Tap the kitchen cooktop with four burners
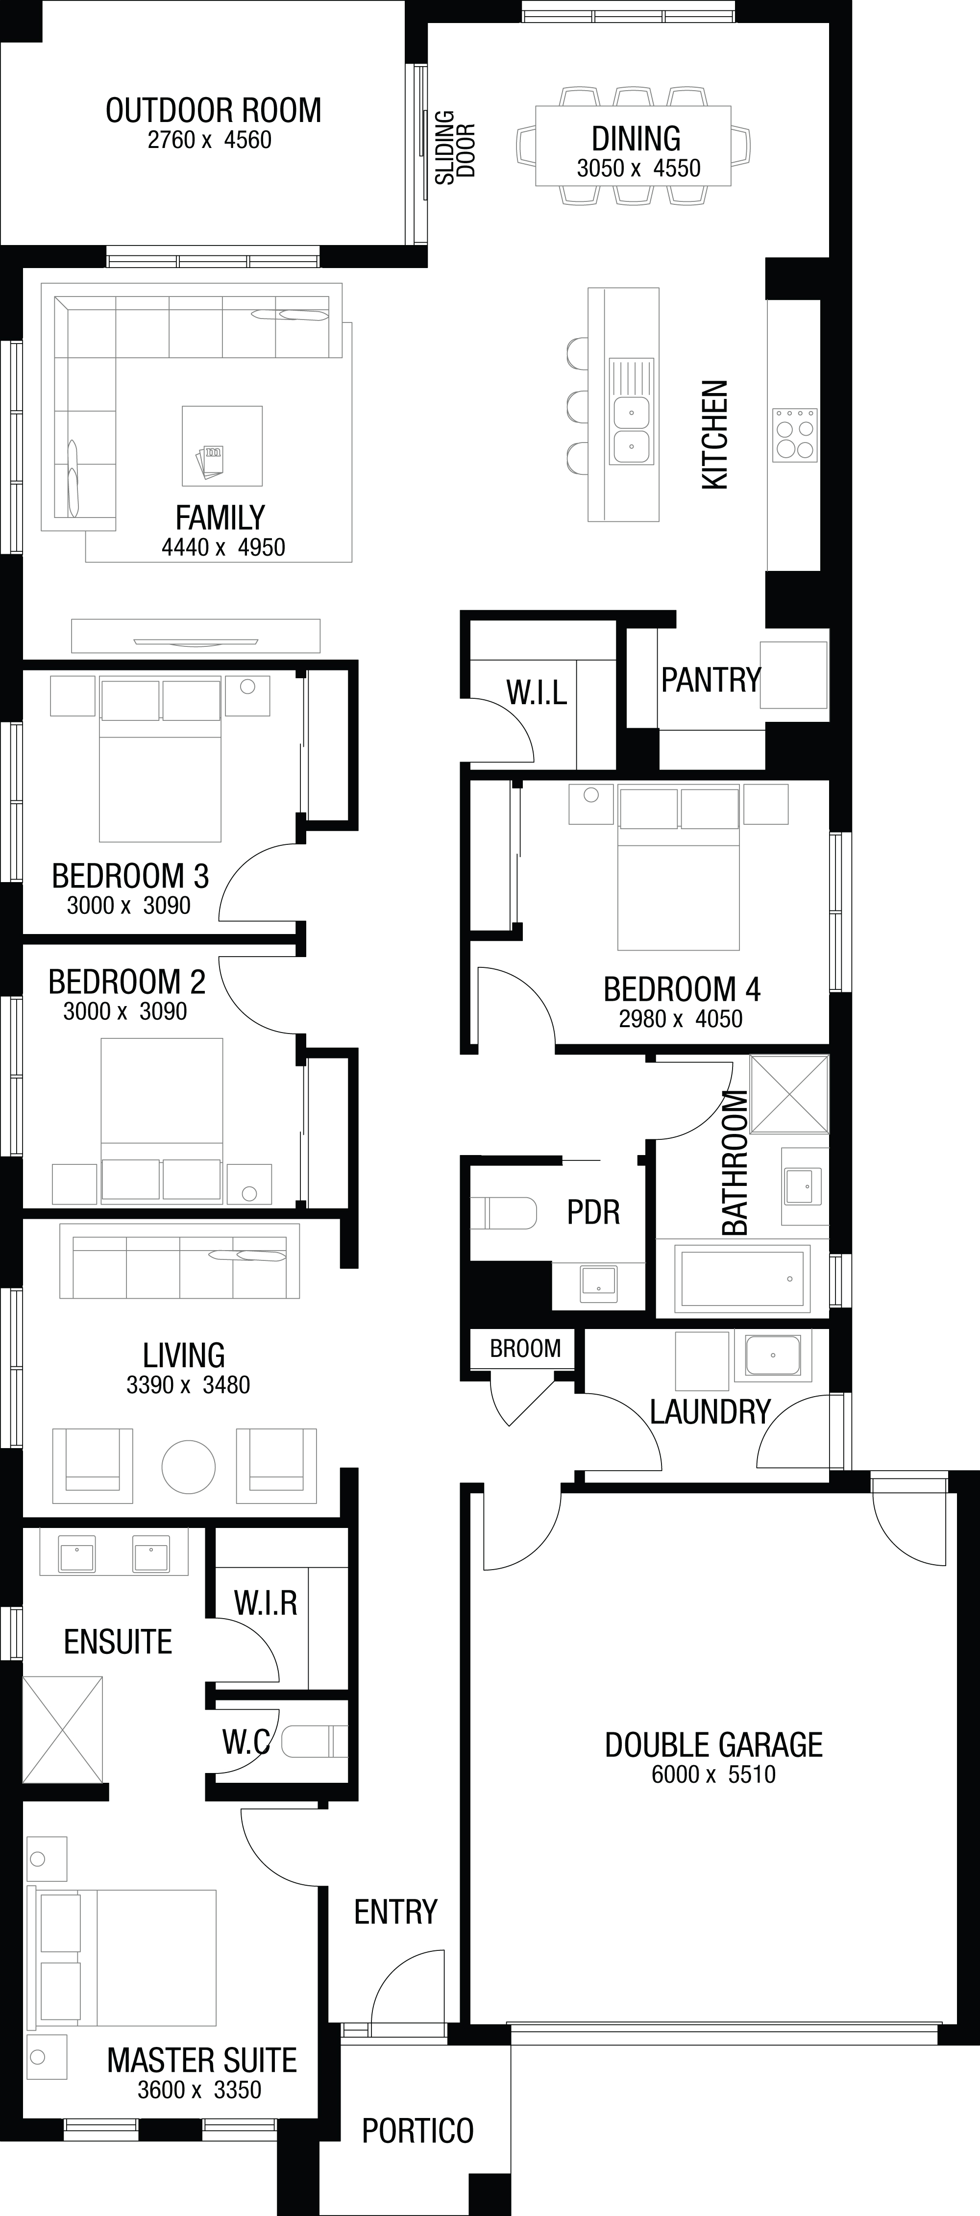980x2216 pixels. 795,435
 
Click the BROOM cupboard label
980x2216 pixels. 525,1348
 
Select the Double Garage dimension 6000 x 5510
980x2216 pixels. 713,1774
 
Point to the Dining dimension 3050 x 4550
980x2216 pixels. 638,168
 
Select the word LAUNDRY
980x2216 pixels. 710,1412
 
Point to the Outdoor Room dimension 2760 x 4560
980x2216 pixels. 209,139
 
